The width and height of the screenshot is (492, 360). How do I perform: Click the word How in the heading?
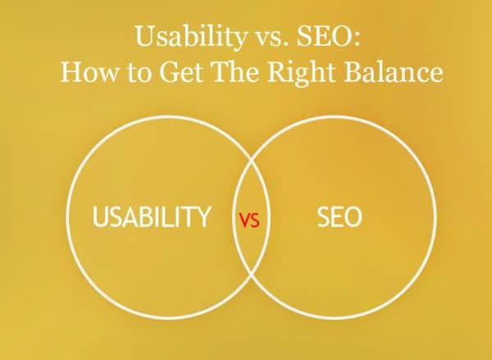84,72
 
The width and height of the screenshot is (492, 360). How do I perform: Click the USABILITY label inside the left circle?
153,218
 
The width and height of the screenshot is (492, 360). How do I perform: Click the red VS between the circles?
248,220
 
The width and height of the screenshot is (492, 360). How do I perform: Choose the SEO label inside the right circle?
339,218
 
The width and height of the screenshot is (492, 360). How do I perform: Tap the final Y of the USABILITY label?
205,218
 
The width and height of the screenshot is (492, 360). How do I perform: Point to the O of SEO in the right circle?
354,218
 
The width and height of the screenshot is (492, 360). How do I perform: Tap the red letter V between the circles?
244,220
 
